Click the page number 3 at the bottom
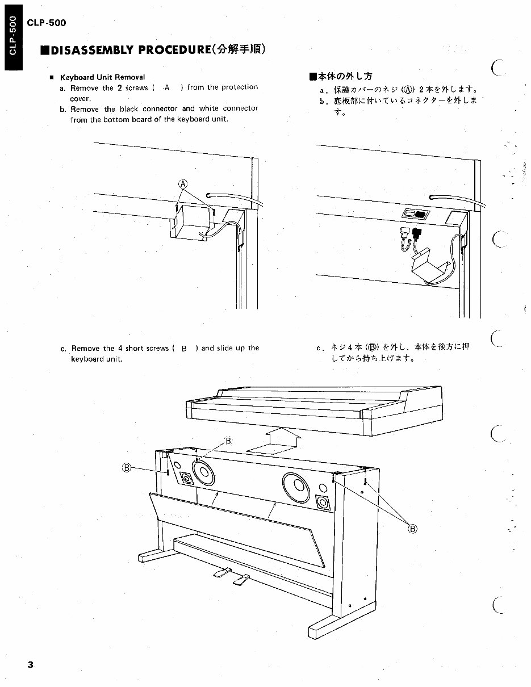[31, 665]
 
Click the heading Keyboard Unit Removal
[102, 77]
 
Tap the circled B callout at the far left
[127, 468]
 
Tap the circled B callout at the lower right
[413, 529]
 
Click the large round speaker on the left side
[204, 471]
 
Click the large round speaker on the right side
[295, 487]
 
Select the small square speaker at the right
[322, 502]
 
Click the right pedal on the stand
[241, 579]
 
